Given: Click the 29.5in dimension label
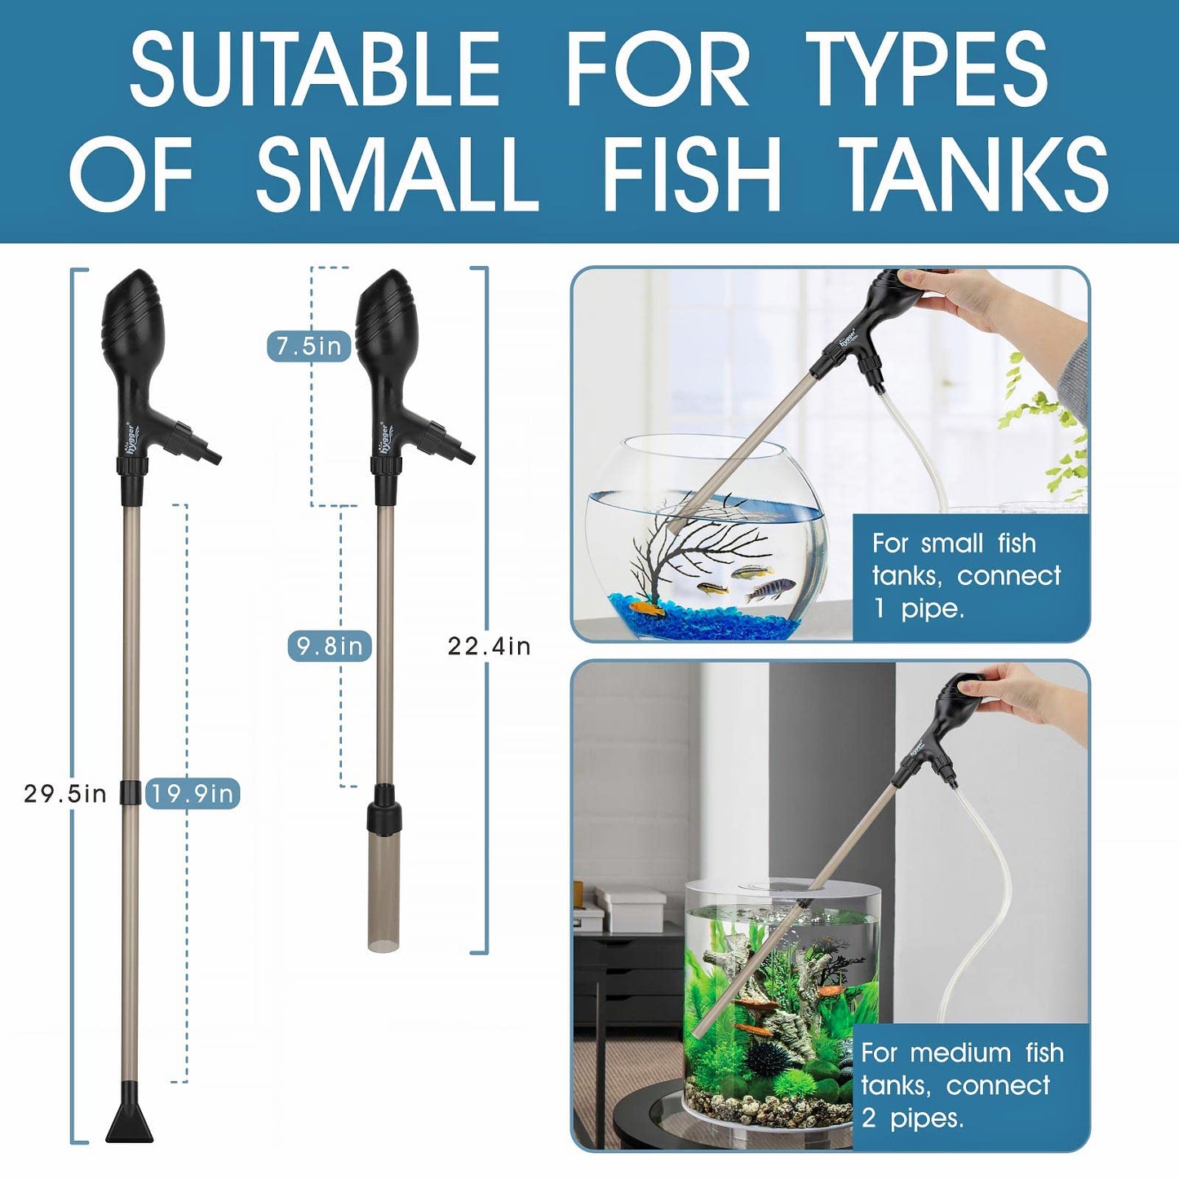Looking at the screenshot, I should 64,793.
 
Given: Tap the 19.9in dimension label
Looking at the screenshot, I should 193,793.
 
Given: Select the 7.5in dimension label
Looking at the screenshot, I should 308,346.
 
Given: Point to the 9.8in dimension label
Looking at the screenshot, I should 329,646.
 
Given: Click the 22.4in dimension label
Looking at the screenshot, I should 489,646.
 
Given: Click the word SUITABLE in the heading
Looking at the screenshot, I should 314,69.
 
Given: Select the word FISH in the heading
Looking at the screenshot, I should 691,174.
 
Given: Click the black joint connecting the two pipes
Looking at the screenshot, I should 130,792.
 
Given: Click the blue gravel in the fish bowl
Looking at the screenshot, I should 702,624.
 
